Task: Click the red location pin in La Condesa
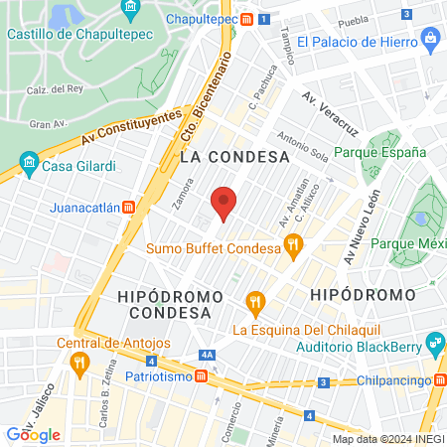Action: tap(224, 203)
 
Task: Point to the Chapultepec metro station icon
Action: tap(260, 18)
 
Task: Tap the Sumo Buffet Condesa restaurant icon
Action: tap(292, 245)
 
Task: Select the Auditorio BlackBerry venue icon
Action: tap(433, 344)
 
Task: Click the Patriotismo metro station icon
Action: tap(201, 376)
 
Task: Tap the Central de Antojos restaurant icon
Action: tap(77, 363)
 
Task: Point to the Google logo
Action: tap(34, 434)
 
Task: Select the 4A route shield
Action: tap(207, 355)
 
